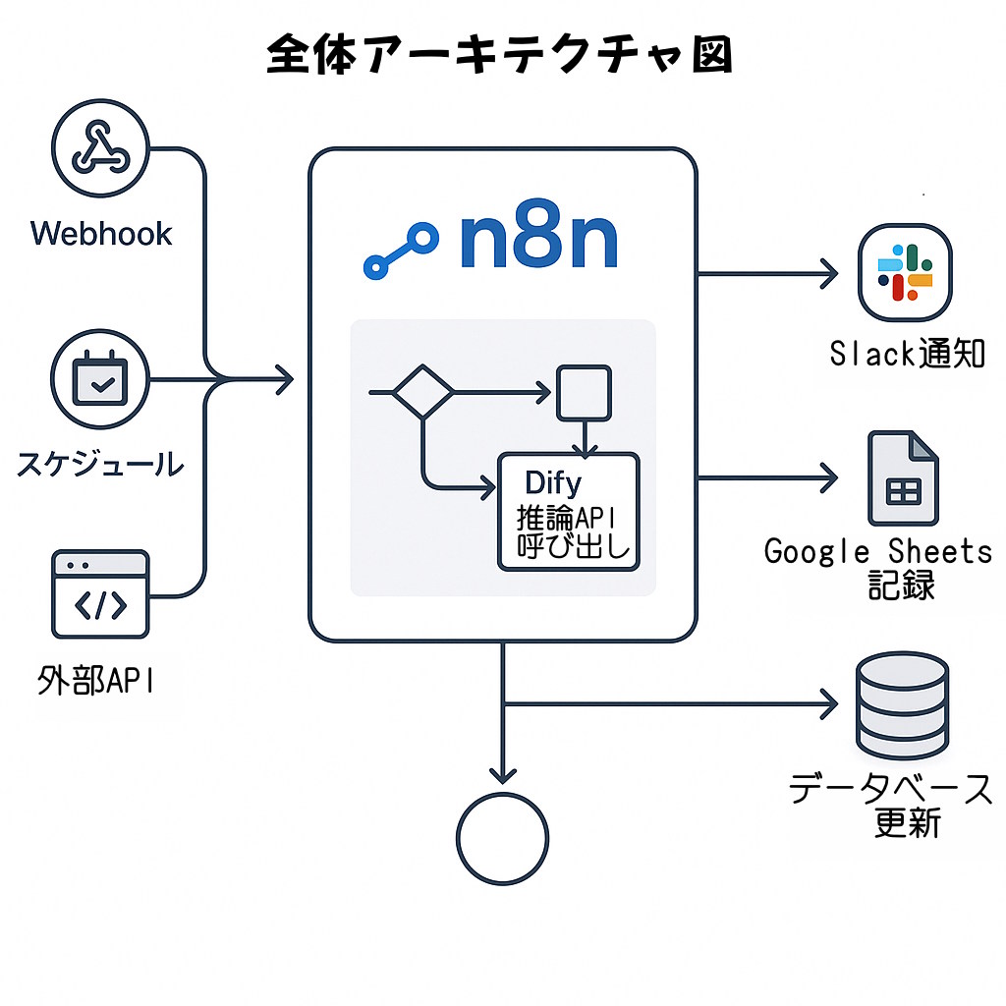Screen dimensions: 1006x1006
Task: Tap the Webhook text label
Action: tap(101, 234)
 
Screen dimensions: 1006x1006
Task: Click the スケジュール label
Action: tap(99, 463)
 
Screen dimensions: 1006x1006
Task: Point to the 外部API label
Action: tap(95, 680)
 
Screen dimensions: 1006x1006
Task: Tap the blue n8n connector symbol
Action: tap(400, 251)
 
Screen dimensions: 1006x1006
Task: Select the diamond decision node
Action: tap(422, 393)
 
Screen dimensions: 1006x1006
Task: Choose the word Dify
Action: tap(553, 483)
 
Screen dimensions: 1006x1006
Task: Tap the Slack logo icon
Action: tap(905, 272)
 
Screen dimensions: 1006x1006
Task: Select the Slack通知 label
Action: tap(907, 353)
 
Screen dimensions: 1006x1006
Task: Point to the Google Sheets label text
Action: tap(878, 551)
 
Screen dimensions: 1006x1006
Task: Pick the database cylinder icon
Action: tap(902, 702)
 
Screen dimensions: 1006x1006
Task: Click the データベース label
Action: tap(891, 789)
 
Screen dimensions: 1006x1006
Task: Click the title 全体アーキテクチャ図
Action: tap(500, 57)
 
